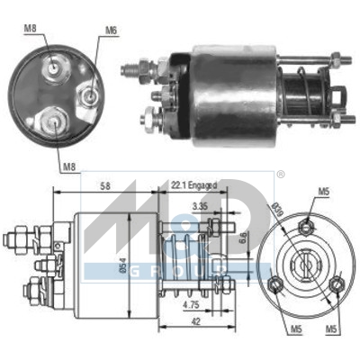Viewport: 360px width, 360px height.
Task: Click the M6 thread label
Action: pos(111,31)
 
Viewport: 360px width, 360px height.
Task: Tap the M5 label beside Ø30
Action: pos(323,192)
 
